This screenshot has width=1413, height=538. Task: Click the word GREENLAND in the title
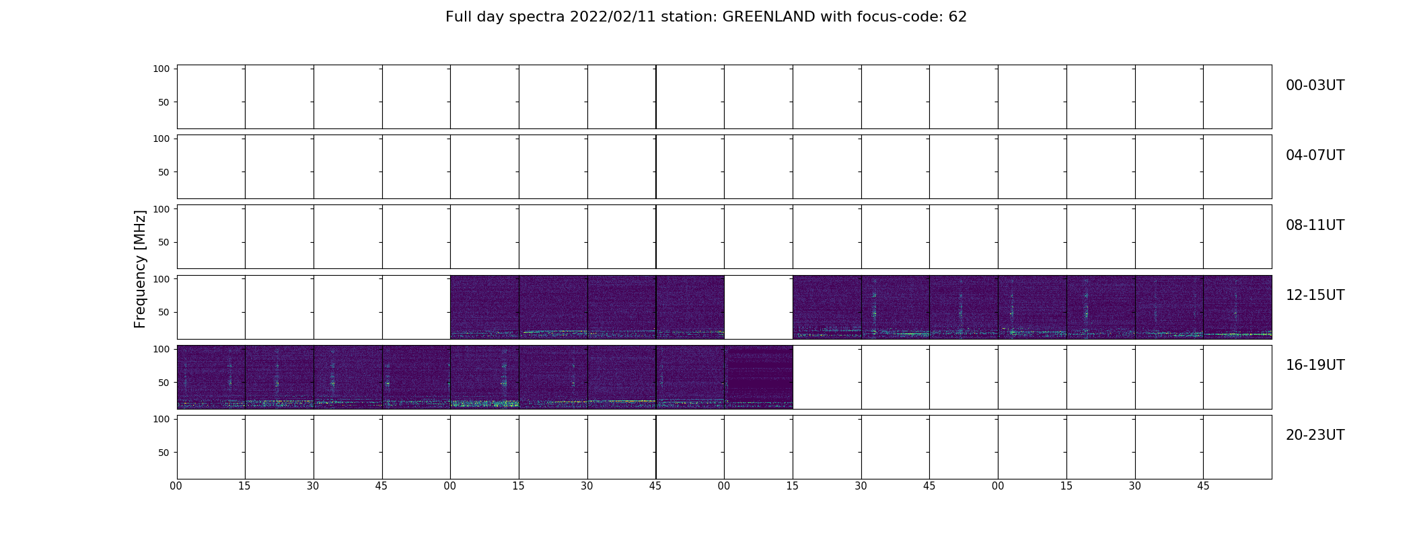(768, 17)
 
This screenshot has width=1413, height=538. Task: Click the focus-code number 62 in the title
(957, 17)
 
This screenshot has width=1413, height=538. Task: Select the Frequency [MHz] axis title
(140, 269)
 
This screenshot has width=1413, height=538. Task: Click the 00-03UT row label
(1315, 85)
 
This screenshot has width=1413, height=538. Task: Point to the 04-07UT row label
(1315, 155)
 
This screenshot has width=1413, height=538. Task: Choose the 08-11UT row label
(1315, 225)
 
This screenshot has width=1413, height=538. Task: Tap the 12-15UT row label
(1315, 295)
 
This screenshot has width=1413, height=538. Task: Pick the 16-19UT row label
(1315, 365)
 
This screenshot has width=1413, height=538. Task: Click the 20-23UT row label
(1315, 435)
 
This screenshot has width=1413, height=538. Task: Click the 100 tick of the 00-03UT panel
(161, 69)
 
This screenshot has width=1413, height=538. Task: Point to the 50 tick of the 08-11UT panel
(164, 242)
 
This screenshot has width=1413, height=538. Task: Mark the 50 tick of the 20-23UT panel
(164, 453)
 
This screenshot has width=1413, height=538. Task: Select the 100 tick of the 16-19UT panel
(161, 349)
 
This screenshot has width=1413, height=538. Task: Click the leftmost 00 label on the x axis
(176, 486)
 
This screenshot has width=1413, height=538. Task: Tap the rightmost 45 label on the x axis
(1203, 486)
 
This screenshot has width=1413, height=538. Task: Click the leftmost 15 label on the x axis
(244, 486)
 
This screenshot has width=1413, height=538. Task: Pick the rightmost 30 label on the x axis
(1135, 486)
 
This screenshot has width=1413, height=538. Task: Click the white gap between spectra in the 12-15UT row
(758, 307)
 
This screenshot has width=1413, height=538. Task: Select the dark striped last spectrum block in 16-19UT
(758, 377)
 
